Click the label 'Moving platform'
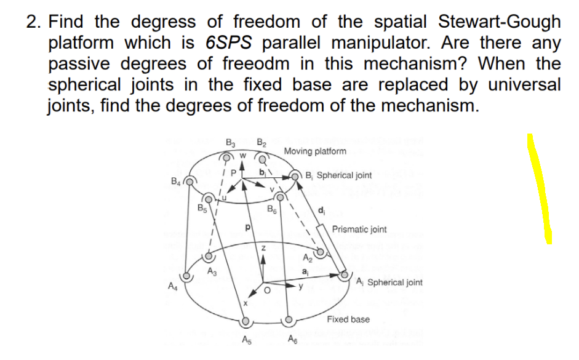315,151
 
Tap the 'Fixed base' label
348,319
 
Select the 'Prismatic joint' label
359,230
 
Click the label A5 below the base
246,342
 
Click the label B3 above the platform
231,146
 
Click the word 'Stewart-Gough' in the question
499,22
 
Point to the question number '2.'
34,22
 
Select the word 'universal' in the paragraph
522,84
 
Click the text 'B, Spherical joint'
339,175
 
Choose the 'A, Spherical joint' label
389,282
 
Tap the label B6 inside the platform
271,209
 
